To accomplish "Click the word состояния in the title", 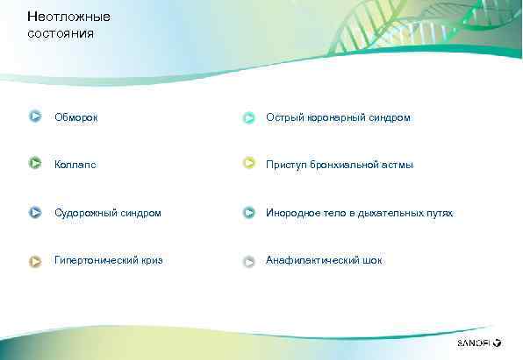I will tap(60, 33).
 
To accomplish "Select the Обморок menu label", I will tap(76, 116).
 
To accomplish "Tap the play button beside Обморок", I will tap(35, 116).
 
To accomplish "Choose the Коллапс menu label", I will tap(75, 164).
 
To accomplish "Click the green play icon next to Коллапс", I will tap(35, 163).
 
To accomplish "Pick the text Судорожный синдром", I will tap(107, 213).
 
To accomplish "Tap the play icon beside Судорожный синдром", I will tap(35, 212).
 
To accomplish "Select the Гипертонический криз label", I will tap(108, 260).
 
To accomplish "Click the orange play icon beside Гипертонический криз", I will tap(35, 260).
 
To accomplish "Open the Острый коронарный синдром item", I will tap(338, 116).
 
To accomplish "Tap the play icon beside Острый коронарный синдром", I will tap(249, 116).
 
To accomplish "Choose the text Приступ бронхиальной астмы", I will tap(340, 164).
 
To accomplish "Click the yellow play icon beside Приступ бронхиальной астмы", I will tap(249, 164).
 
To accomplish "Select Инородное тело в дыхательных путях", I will tap(360, 213).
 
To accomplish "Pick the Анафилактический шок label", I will tap(324, 260).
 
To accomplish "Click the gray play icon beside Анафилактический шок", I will tap(249, 261).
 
